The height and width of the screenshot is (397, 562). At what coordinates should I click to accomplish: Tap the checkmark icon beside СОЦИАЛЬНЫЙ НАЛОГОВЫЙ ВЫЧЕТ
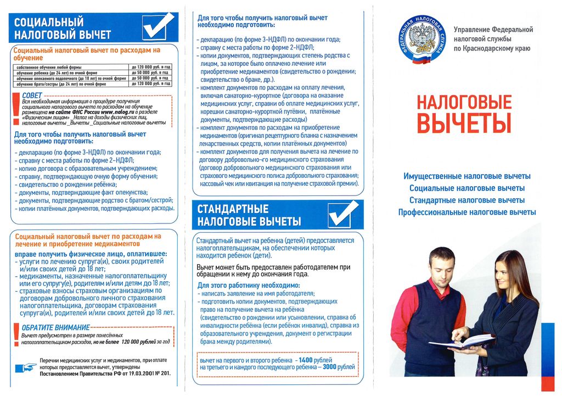158,26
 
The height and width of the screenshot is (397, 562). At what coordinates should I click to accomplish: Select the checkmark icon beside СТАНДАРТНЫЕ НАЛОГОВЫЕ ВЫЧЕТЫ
343,214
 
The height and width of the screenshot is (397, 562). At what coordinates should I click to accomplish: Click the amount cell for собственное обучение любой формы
151,67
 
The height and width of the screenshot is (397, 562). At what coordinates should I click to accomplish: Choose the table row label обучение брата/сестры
61,84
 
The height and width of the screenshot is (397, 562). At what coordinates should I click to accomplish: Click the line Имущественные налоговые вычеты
467,176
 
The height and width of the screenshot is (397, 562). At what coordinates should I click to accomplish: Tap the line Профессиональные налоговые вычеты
467,212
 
